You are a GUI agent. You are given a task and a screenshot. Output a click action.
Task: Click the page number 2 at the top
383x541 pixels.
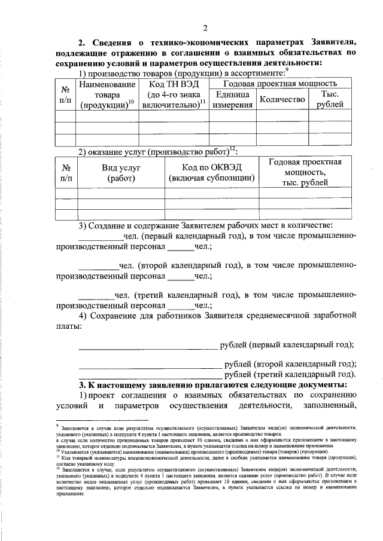click(205, 28)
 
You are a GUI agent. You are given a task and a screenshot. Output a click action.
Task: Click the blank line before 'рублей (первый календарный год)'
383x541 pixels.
click(148, 346)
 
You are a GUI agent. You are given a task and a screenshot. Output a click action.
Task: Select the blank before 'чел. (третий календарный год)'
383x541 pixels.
click(96, 294)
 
